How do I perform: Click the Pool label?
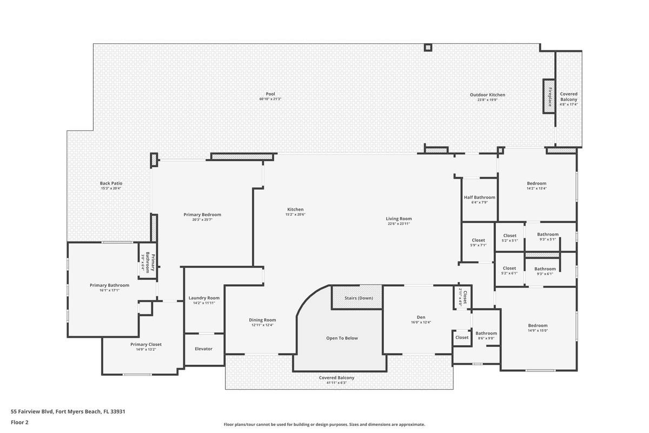click(270, 94)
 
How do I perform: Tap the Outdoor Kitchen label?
click(487, 95)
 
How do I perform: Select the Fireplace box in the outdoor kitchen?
click(549, 96)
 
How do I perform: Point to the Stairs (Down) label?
click(359, 298)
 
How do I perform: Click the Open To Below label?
click(342, 338)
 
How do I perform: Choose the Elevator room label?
click(203, 349)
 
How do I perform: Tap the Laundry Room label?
click(204, 298)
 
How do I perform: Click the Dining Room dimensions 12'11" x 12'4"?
click(262, 325)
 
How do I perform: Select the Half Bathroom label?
click(479, 198)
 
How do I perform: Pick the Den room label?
click(421, 317)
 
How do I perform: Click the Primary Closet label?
click(146, 344)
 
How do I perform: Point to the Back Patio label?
click(111, 183)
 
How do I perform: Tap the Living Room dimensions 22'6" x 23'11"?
click(399, 224)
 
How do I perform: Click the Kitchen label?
click(295, 209)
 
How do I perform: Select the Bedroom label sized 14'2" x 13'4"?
click(537, 183)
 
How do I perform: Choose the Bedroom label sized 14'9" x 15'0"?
click(538, 325)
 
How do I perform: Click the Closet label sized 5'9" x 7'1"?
click(478, 240)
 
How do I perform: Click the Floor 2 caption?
click(19, 422)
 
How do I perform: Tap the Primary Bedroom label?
click(202, 215)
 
